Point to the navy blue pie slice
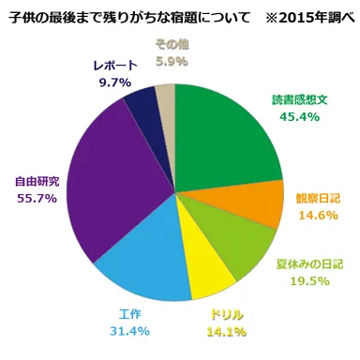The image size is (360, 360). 141,108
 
